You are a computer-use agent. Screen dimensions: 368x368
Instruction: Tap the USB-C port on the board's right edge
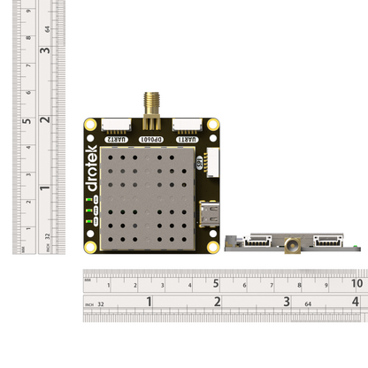[211, 214]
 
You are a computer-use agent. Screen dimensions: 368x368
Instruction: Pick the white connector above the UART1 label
[185, 126]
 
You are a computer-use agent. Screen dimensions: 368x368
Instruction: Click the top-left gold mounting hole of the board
[91, 126]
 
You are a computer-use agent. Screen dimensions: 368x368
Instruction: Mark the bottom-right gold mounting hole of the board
[212, 247]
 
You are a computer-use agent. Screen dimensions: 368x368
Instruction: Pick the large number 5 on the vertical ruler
[27, 122]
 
